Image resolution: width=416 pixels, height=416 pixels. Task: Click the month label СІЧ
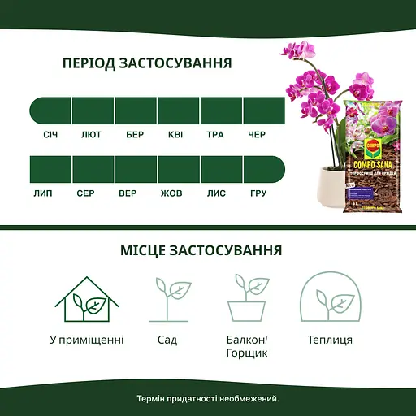pos(50,134)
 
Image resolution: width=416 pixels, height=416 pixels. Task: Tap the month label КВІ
pos(176,134)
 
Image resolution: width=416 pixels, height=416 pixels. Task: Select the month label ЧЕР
pos(256,134)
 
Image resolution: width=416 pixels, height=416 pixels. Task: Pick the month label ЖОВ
pos(171,193)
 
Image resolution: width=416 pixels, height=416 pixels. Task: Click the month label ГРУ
pos(258,193)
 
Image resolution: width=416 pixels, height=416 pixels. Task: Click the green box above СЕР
pos(92,170)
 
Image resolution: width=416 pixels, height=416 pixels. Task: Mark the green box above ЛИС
pos(219,170)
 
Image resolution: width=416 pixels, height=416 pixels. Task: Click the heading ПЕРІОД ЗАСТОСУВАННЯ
pos(147,63)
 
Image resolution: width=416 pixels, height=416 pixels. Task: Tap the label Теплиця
pos(330,339)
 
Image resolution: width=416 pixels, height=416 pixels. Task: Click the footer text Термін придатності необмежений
pos(208,398)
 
